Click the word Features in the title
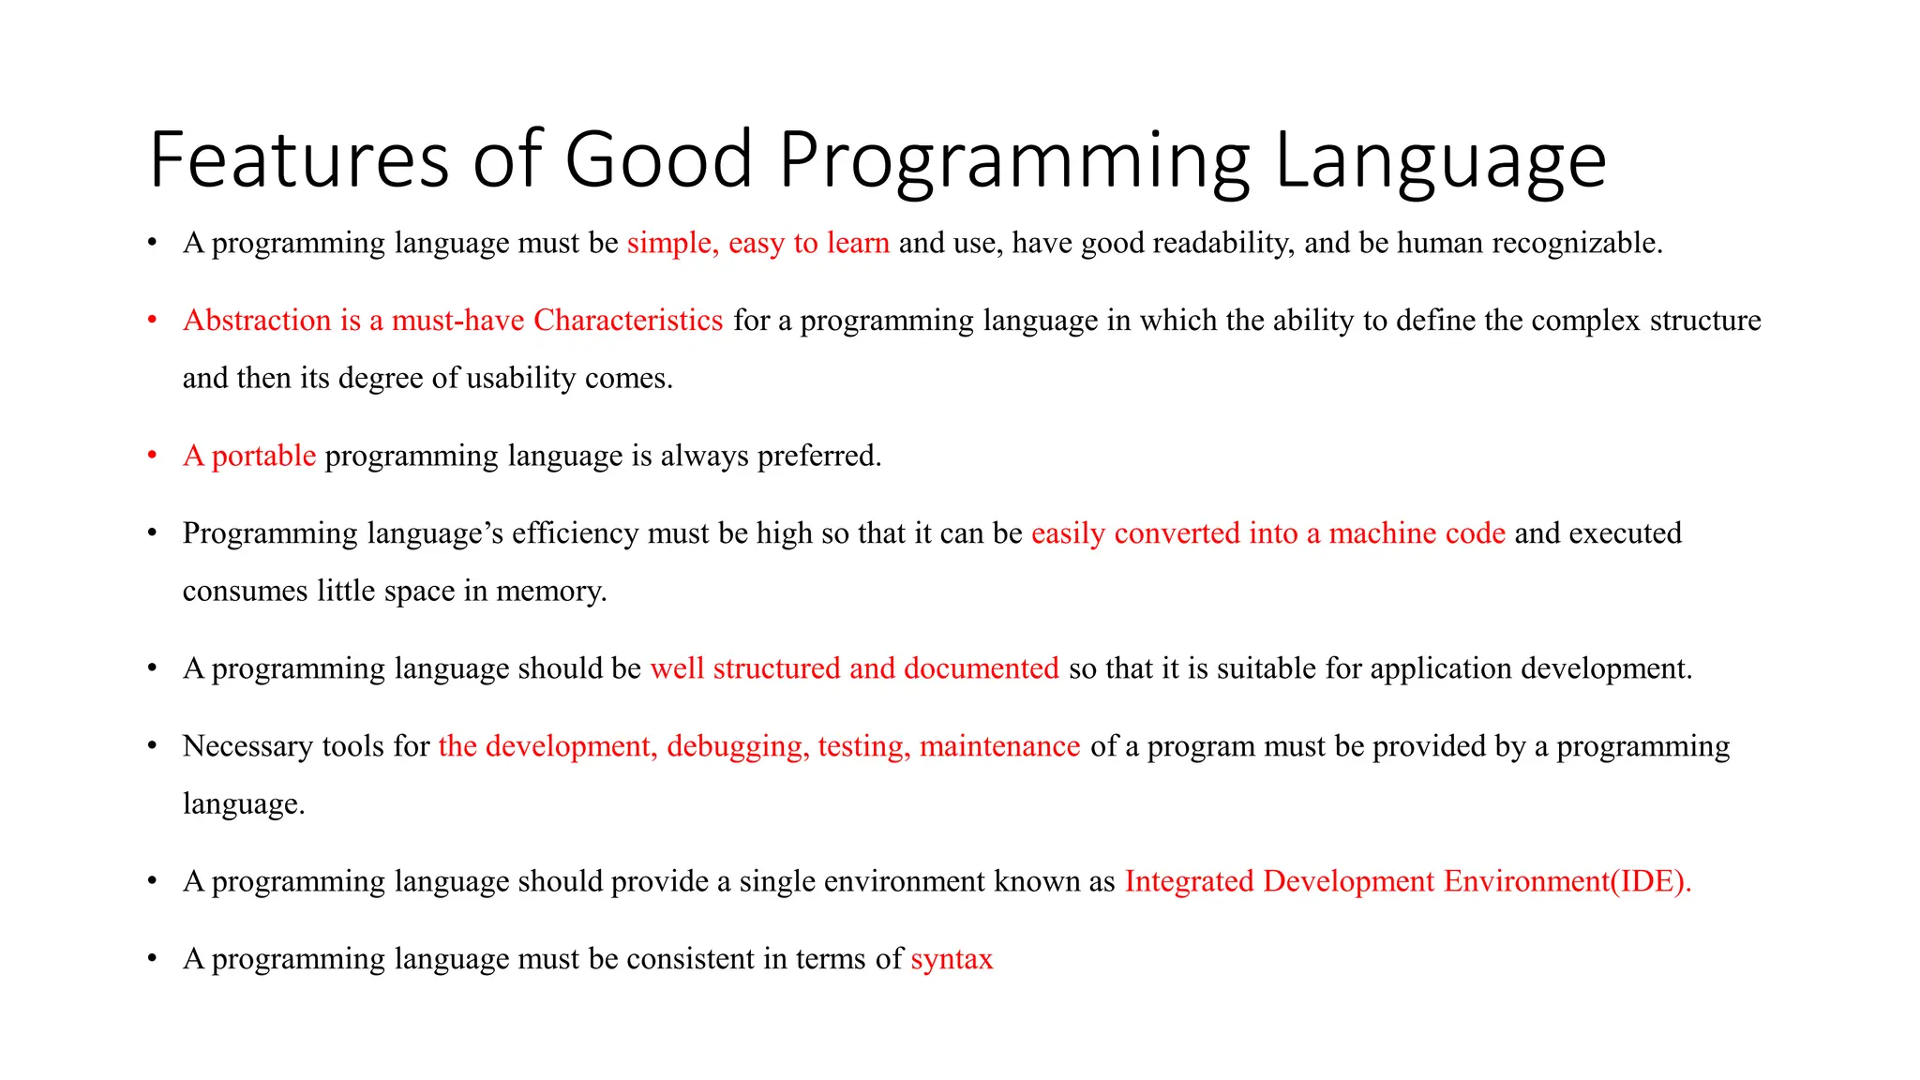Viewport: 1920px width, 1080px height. pyautogui.click(x=299, y=159)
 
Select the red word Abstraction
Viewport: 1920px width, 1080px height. pyautogui.click(x=257, y=321)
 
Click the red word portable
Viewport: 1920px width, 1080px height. pyautogui.click(x=263, y=456)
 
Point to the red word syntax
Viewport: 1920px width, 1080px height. pyautogui.click(x=952, y=959)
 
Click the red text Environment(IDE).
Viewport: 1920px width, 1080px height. pyautogui.click(x=1567, y=881)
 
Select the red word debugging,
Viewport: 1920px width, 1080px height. pyautogui.click(x=738, y=746)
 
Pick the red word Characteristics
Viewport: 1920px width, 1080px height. pyautogui.click(x=628, y=321)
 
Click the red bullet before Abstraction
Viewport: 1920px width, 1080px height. pyautogui.click(x=152, y=321)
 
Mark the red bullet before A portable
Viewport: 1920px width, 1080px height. pyautogui.click(x=152, y=456)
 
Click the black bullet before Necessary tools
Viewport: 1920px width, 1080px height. pyautogui.click(x=152, y=746)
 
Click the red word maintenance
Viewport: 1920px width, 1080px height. pyautogui.click(x=999, y=746)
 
